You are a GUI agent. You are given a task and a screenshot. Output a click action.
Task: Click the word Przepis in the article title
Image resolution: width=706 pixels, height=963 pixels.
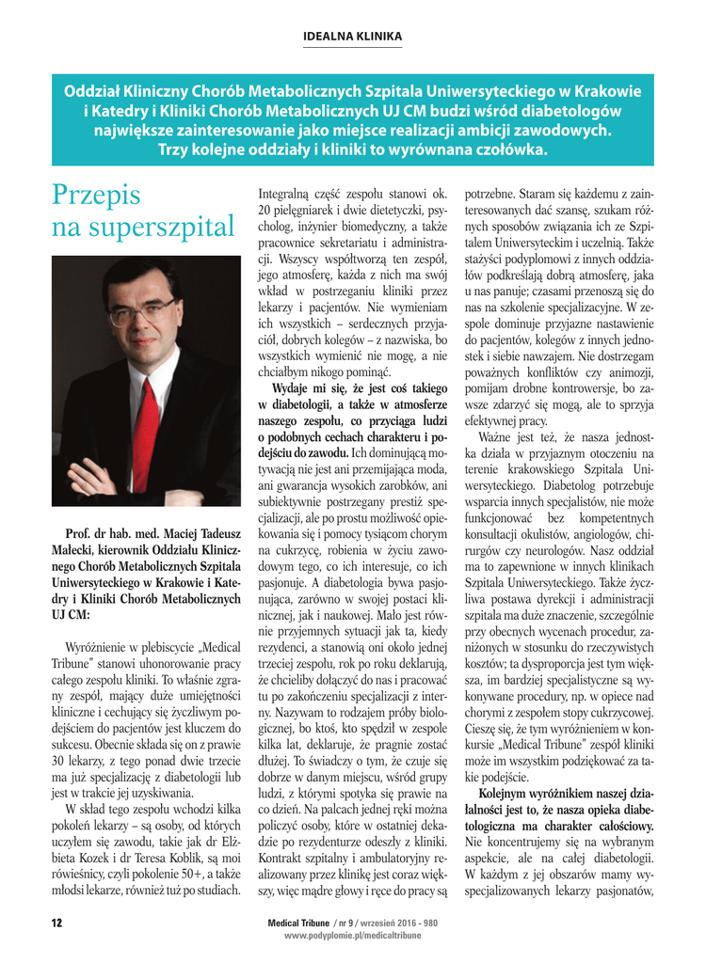coord(96,195)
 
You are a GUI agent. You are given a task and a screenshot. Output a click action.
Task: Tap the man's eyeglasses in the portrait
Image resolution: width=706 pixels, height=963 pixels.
coord(141,309)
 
